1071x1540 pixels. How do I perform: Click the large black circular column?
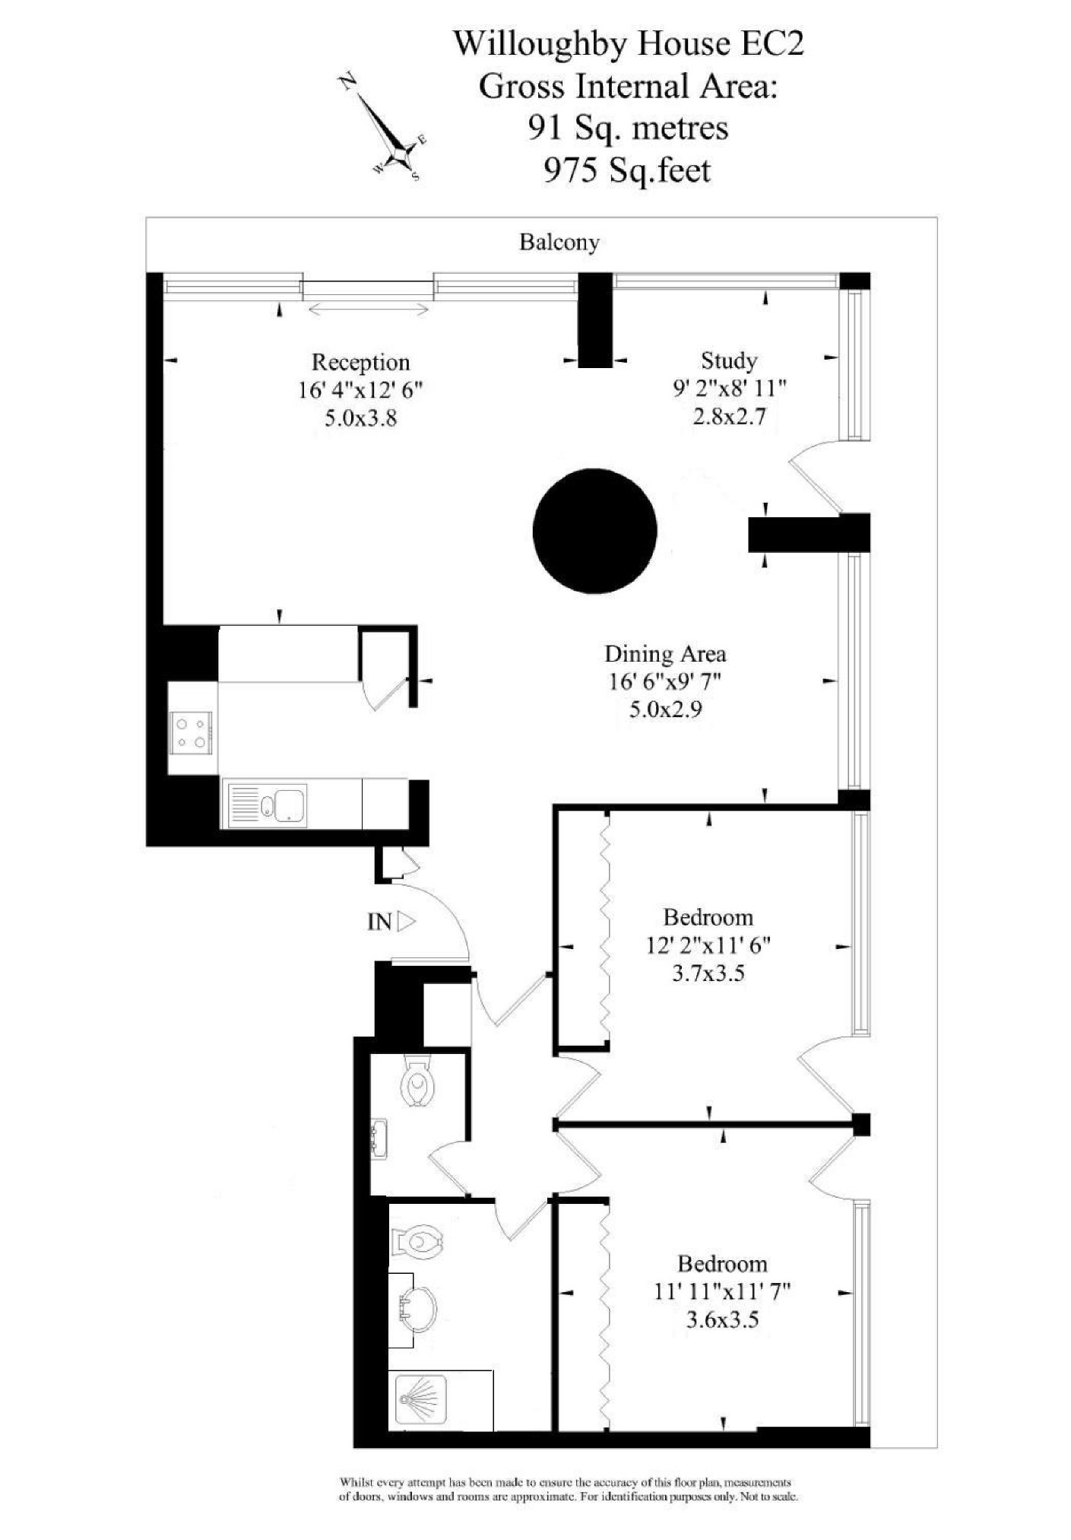594,530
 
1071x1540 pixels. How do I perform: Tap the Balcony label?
559,243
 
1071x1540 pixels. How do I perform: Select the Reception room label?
360,362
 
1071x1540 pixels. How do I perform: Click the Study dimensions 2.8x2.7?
728,417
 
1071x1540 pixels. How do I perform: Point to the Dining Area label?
664,654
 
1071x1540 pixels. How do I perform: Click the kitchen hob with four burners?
191,732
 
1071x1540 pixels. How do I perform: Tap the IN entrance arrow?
407,922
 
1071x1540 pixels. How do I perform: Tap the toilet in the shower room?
417,1243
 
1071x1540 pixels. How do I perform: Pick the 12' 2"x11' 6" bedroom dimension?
708,945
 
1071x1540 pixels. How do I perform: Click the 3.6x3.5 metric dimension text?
721,1319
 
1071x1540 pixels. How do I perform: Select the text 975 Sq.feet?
627,170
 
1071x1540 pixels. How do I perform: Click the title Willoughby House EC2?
628,43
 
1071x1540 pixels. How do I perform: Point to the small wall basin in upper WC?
378,1138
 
